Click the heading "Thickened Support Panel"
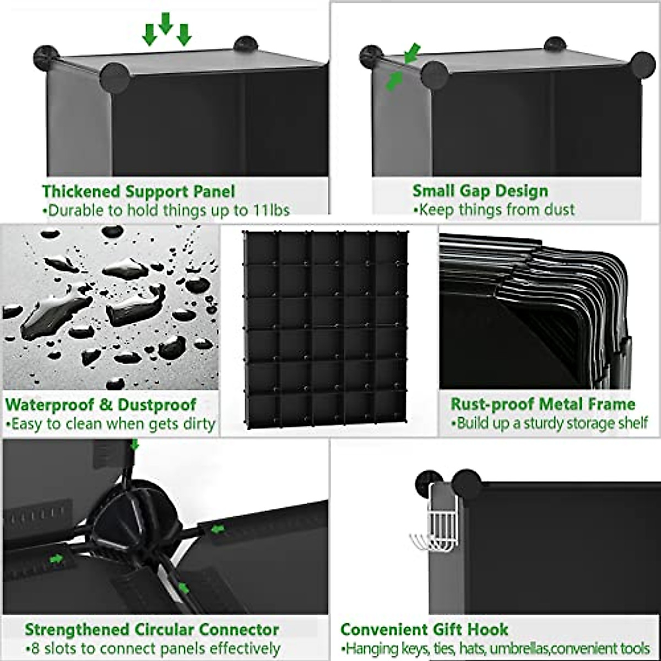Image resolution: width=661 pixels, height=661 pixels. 138,192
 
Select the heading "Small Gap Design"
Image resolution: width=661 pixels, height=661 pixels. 480,191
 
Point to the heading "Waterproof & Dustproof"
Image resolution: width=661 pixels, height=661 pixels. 101,405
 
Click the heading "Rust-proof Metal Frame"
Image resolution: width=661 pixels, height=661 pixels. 543,404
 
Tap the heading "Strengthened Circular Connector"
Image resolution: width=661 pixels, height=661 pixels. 151,630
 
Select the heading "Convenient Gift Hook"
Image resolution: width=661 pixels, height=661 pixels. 424,629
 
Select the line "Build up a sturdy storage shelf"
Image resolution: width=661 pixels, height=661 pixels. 549,423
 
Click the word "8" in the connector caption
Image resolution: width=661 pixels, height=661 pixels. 32,648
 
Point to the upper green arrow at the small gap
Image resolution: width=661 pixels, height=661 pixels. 411,53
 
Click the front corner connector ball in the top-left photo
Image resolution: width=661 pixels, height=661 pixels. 116,77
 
